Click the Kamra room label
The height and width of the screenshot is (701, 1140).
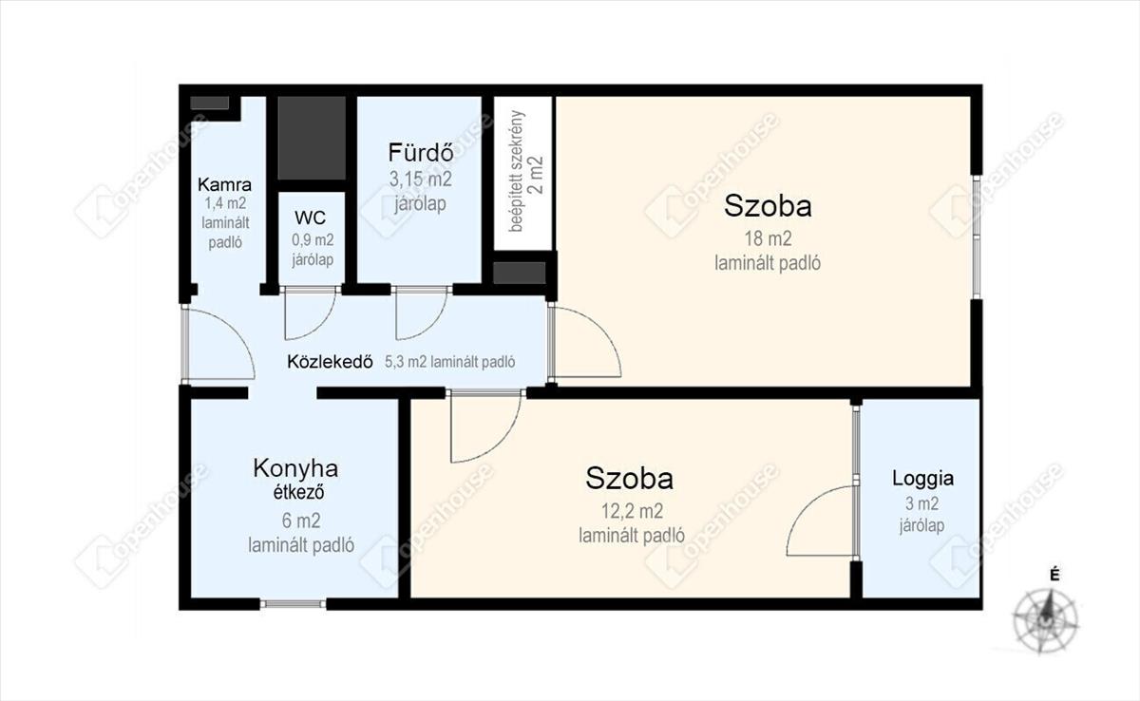[224, 183]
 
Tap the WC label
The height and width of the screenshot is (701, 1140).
[310, 218]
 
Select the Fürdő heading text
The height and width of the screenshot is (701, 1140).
[420, 152]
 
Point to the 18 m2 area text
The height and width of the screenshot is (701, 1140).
[768, 238]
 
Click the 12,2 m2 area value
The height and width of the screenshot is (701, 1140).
[632, 511]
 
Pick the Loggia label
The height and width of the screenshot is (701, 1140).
[922, 479]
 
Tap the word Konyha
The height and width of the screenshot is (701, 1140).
[295, 468]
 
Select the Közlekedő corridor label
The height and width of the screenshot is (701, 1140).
[330, 362]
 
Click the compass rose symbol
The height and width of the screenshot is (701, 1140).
[1045, 620]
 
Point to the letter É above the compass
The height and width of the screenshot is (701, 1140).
[1055, 576]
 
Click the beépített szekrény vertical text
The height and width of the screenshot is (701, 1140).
[517, 171]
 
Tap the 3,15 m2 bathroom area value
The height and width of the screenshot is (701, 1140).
[420, 180]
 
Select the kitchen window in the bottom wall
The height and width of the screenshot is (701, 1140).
[294, 604]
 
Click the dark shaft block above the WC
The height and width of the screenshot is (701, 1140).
[312, 138]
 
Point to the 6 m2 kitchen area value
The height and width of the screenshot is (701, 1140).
[301, 521]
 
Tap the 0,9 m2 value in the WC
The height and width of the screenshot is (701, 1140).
[313, 239]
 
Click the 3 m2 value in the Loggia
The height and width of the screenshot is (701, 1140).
[921, 503]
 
